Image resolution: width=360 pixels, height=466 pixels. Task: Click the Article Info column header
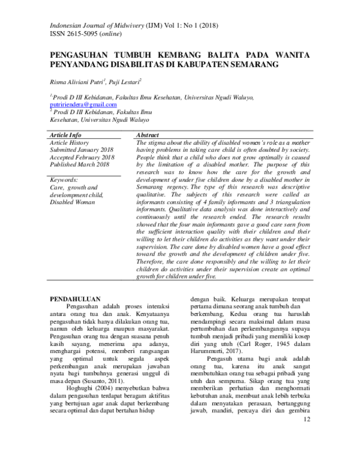(x=65, y=135)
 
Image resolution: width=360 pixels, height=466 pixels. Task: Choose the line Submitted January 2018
(x=81, y=150)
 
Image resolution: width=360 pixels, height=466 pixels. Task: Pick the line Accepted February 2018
(x=82, y=157)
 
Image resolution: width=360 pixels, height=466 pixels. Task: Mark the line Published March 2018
(x=79, y=164)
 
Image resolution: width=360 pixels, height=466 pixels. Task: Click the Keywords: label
(x=64, y=180)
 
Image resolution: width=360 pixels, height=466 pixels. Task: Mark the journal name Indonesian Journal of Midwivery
(x=92, y=26)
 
